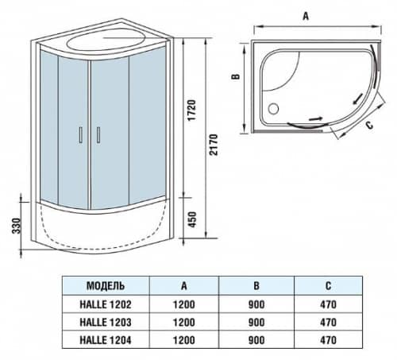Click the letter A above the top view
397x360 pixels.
point(306,14)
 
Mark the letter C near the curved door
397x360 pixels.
point(368,126)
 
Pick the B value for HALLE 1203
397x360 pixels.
point(256,322)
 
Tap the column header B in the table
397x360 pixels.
point(256,285)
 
